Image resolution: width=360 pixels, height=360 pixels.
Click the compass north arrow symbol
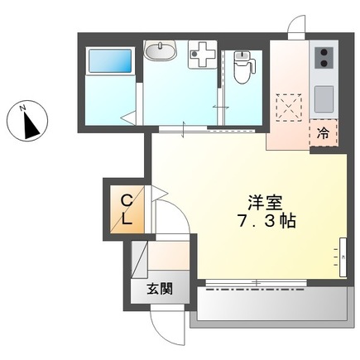tap(31, 126)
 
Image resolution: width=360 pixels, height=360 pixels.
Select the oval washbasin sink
tap(160, 53)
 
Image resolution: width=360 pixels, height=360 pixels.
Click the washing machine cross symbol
tap(200, 55)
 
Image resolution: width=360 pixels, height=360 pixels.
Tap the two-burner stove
tap(322, 58)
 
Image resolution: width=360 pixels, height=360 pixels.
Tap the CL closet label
tap(127, 210)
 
